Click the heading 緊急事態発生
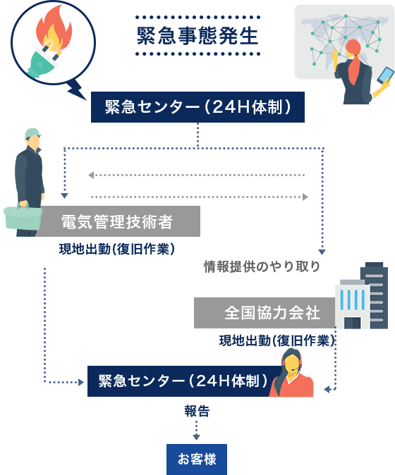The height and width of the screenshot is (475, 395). pyautogui.click(x=197, y=36)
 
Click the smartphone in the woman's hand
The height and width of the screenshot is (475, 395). pyautogui.click(x=385, y=75)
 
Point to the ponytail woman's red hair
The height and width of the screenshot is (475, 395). pyautogui.click(x=353, y=61)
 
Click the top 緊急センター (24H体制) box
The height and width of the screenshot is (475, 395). pyautogui.click(x=197, y=107)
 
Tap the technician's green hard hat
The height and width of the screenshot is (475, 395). pyautogui.click(x=32, y=134)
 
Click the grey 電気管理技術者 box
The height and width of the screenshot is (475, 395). pyautogui.click(x=119, y=221)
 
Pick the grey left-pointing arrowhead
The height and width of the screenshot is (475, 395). pyautogui.click(x=91, y=175)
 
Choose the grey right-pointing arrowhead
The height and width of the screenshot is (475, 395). pyautogui.click(x=305, y=197)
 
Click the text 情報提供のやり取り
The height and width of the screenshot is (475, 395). pyautogui.click(x=262, y=266)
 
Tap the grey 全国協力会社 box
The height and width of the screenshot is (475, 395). pyautogui.click(x=265, y=313)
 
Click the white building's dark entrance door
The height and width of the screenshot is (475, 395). pyautogui.click(x=352, y=323)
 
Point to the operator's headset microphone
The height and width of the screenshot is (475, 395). pyautogui.click(x=293, y=369)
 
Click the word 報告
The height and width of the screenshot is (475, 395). pyautogui.click(x=197, y=412)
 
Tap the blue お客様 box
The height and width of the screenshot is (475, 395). pyautogui.click(x=197, y=459)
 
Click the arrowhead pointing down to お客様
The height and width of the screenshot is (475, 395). pyautogui.click(x=196, y=437)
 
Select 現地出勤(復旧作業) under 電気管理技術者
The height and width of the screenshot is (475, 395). pyautogui.click(x=117, y=249)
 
